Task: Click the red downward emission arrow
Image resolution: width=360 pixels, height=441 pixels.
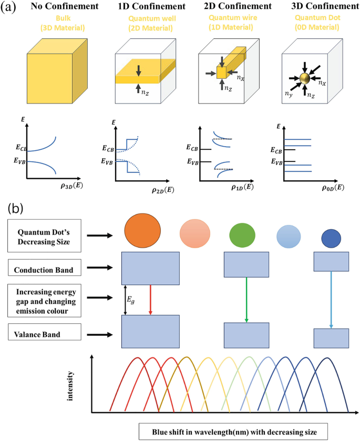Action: [x=151, y=300]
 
